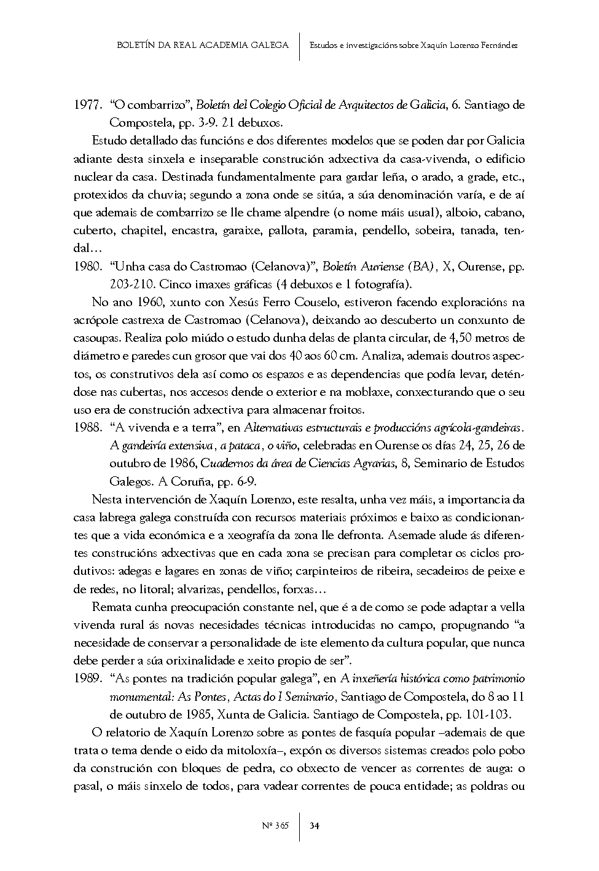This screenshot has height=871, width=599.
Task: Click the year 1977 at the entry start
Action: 87,105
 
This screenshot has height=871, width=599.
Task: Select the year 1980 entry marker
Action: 87,267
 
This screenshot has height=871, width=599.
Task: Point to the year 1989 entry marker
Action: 87,679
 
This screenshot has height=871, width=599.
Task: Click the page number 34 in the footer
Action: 314,826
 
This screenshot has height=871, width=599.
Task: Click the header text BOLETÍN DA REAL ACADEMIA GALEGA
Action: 202,45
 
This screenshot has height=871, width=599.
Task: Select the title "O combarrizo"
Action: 149,105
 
